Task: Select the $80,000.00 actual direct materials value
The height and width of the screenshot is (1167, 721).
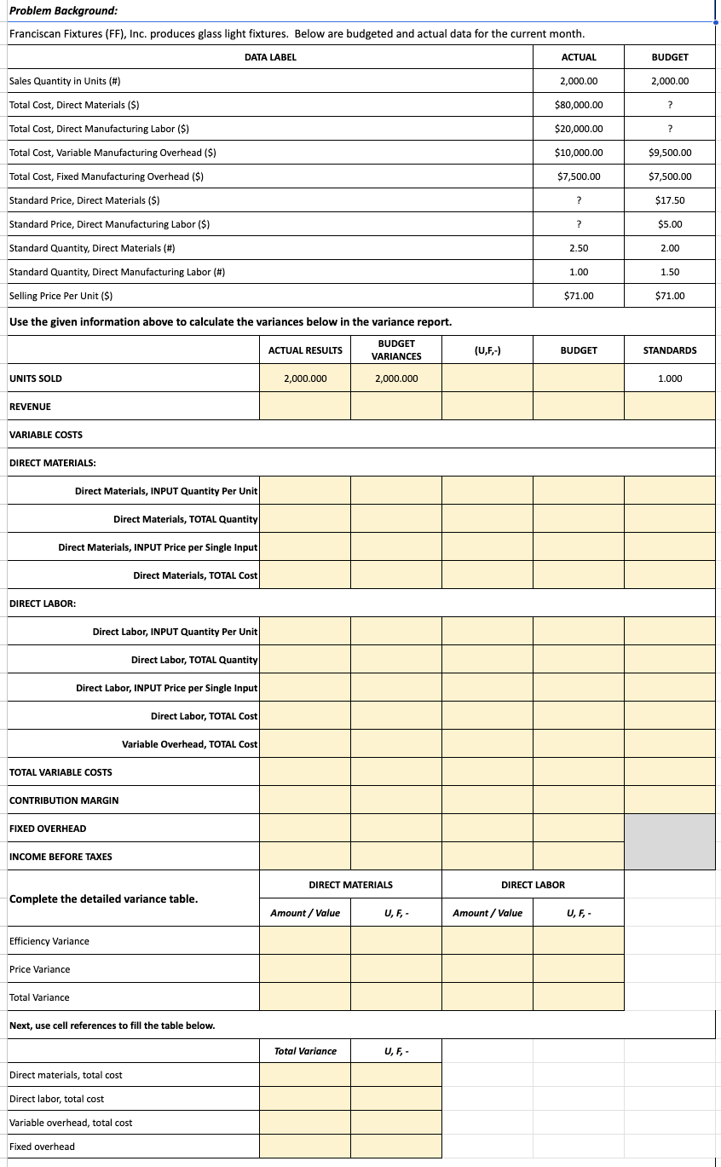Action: point(579,105)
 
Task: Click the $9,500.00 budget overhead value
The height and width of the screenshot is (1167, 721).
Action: point(669,153)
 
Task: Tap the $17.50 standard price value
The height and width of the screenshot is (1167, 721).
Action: point(670,200)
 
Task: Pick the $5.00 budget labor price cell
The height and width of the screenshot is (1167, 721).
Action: point(670,224)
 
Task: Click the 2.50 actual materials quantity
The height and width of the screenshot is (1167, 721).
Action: point(579,248)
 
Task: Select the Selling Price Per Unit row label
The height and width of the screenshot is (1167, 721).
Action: point(61,296)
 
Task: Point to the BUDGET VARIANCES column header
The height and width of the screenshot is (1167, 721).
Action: point(395,350)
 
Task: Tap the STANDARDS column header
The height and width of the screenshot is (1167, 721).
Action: point(669,350)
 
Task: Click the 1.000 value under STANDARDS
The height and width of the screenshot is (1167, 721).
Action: point(669,378)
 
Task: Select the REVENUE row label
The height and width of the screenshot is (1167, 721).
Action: point(30,407)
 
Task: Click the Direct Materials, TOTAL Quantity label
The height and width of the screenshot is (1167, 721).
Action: point(185,519)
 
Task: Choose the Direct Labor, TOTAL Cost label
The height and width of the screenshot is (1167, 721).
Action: point(204,716)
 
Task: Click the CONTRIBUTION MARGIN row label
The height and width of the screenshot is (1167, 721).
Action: point(64,800)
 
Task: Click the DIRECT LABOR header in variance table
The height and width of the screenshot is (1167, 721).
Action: point(533,885)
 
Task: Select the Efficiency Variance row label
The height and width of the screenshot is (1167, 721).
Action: point(49,941)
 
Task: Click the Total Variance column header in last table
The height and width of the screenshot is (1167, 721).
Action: point(305,1051)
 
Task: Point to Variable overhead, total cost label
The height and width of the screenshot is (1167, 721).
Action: point(71,1123)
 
